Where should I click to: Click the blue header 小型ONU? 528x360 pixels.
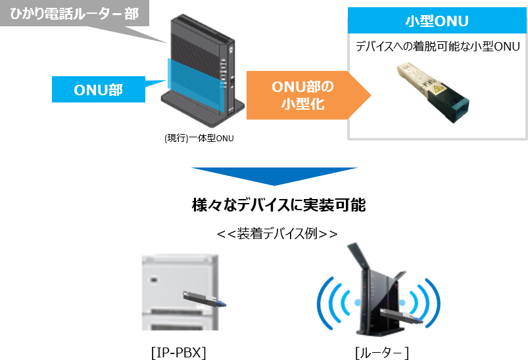(x=437, y=21)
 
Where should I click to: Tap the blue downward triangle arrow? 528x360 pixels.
(x=274, y=179)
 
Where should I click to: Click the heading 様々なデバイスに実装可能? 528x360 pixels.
(x=278, y=206)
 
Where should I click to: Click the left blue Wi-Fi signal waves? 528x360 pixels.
(x=329, y=303)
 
